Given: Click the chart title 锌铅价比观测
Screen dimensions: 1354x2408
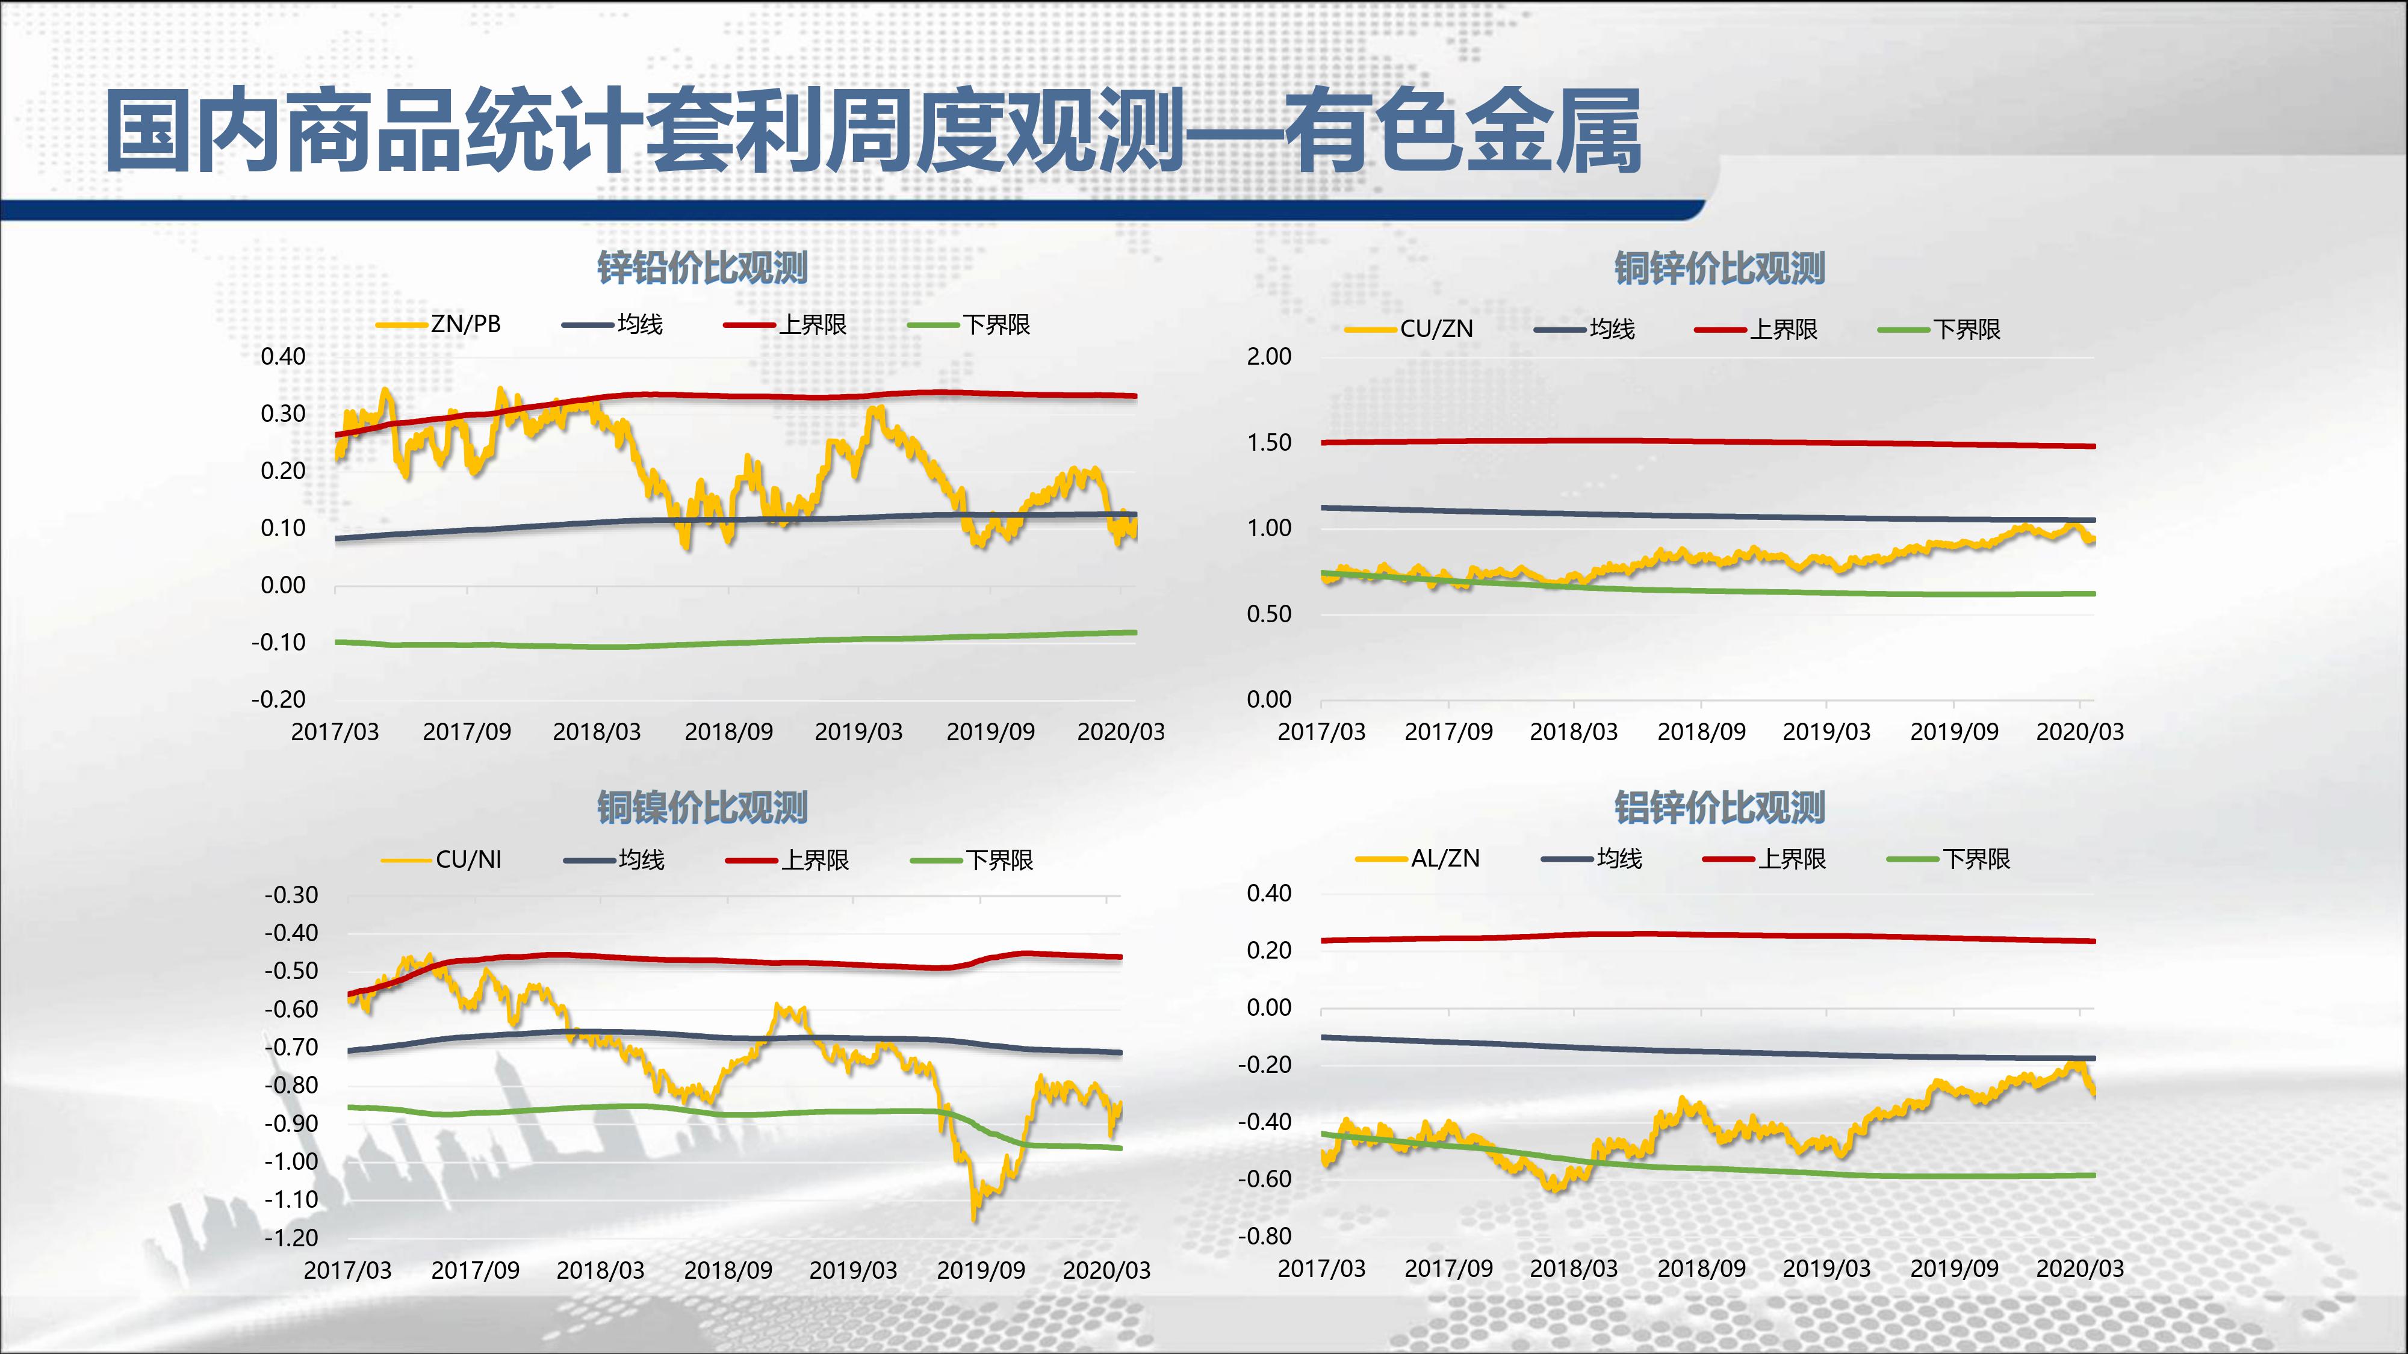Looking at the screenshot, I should point(702,268).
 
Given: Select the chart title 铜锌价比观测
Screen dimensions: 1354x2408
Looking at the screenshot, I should point(1719,268).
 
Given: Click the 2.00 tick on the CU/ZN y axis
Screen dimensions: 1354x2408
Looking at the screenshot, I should point(1268,356).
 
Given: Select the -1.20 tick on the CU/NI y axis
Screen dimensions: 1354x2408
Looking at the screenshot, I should point(291,1237).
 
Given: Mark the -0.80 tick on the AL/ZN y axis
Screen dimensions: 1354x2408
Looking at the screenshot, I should point(1265,1235).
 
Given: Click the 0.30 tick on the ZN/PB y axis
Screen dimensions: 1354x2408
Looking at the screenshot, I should point(282,413).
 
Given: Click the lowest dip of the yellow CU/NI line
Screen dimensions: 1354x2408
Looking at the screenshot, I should point(975,1217).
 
